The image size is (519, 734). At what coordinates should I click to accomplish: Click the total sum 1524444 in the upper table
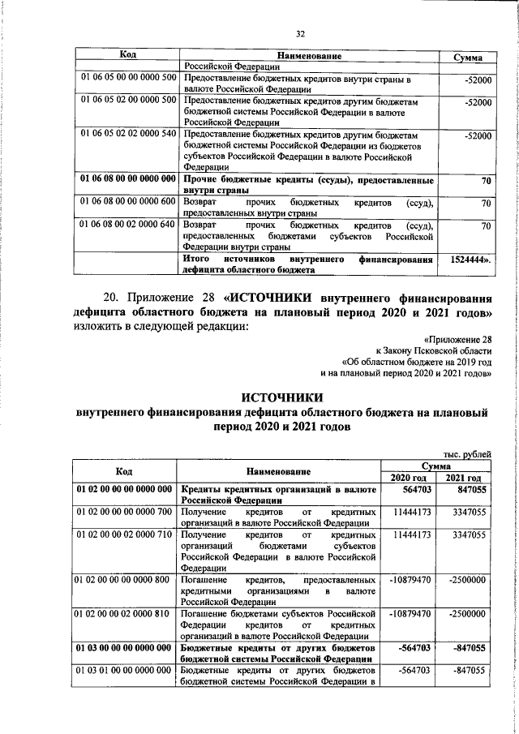pyautogui.click(x=467, y=261)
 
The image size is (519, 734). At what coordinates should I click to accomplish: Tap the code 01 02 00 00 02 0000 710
pyautogui.click(x=124, y=535)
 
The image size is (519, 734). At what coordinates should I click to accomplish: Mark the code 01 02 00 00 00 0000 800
pyautogui.click(x=124, y=581)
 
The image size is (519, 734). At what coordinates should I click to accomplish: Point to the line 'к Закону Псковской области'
pyautogui.click(x=441, y=350)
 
